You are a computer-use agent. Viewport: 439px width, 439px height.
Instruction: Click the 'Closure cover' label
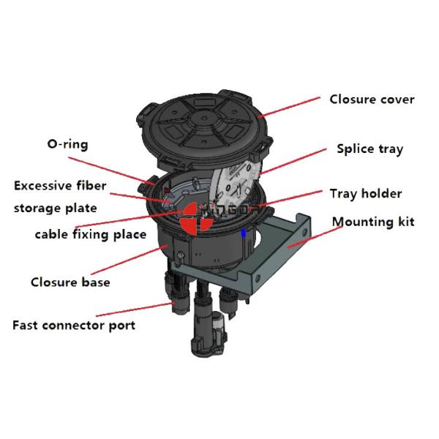tap(372, 100)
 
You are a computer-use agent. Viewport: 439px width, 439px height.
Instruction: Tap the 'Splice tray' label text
tap(369, 149)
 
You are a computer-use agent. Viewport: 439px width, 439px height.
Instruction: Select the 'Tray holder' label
tap(366, 194)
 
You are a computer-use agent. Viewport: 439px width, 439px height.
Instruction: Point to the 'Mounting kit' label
tap(373, 222)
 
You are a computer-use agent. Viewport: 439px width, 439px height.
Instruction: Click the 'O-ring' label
tap(67, 144)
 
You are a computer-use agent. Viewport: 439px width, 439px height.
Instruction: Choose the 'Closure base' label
tap(70, 282)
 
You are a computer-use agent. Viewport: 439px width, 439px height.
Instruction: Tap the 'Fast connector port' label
tap(74, 326)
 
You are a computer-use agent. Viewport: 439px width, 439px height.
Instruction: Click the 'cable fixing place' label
tap(91, 234)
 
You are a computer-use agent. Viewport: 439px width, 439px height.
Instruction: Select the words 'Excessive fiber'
tap(60, 186)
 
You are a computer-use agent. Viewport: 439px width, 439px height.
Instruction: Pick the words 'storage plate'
tap(56, 209)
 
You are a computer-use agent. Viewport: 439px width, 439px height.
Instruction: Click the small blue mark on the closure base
tap(244, 233)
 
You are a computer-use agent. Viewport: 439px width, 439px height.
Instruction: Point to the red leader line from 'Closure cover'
tap(290, 107)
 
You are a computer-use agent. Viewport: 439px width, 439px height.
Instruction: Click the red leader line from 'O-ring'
tap(111, 170)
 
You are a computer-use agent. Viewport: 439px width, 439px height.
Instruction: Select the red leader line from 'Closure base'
tap(130, 260)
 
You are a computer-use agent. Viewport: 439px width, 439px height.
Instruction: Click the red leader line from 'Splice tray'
tap(293, 162)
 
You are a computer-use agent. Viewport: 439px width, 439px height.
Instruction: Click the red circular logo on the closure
tap(197, 217)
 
